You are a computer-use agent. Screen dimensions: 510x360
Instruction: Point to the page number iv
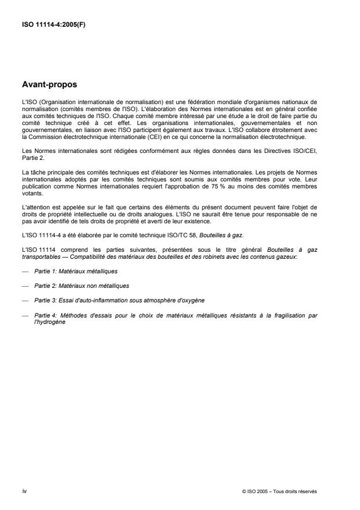(x=24, y=491)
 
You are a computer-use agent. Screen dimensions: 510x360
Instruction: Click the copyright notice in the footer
(x=279, y=491)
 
